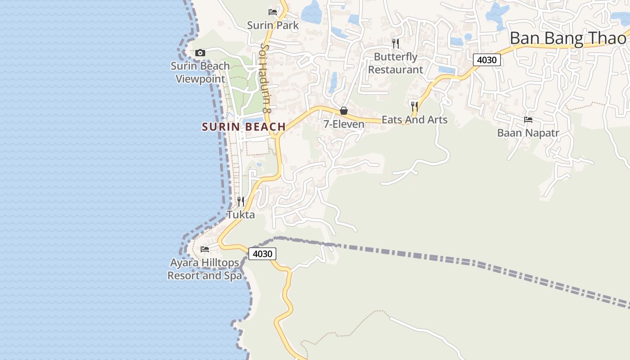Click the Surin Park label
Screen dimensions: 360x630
[273, 25]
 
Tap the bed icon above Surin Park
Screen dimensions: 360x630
[272, 12]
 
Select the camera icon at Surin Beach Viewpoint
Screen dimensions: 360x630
[200, 53]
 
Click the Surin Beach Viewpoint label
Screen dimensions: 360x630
[200, 72]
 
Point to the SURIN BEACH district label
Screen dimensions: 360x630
[244, 127]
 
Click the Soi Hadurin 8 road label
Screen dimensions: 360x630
[266, 78]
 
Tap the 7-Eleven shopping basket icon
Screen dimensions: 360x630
[344, 111]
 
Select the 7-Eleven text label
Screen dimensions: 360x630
[344, 124]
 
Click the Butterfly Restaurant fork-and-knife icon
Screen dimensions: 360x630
[396, 43]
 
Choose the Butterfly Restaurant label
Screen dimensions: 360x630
[396, 63]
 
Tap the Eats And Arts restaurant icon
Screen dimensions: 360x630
[414, 106]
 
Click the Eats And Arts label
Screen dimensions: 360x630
[414, 120]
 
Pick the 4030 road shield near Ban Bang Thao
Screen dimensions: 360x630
[487, 60]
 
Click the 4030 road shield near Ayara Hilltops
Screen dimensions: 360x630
[262, 254]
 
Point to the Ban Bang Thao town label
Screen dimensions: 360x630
[568, 38]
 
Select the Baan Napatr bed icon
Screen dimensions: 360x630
[528, 120]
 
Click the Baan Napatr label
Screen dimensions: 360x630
[528, 133]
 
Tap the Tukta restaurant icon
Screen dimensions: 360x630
[241, 201]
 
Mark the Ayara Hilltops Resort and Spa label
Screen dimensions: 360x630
[205, 269]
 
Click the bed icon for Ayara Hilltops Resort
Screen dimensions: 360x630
[205, 249]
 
